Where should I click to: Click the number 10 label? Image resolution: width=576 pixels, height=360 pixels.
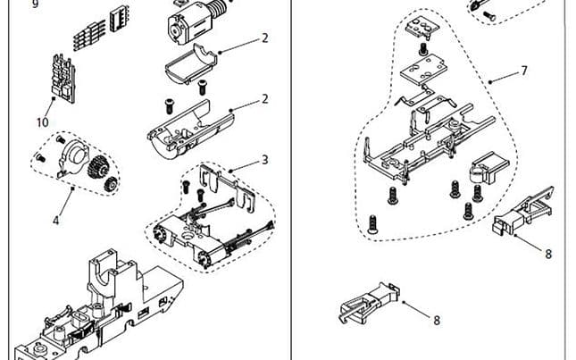pyautogui.click(x=42, y=122)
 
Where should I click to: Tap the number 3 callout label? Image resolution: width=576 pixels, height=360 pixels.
pyautogui.click(x=265, y=160)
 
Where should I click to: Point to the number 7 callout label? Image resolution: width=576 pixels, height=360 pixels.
pyautogui.click(x=524, y=70)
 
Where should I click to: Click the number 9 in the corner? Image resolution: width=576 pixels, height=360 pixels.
pyautogui.click(x=11, y=4)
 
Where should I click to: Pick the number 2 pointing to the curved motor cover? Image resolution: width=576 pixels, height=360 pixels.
pyautogui.click(x=265, y=38)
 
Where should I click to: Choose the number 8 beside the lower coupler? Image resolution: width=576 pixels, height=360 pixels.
pyautogui.click(x=437, y=319)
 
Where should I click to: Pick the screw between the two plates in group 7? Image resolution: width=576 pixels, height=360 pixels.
pyautogui.click(x=422, y=48)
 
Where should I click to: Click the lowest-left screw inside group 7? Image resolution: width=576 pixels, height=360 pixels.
pyautogui.click(x=373, y=222)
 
